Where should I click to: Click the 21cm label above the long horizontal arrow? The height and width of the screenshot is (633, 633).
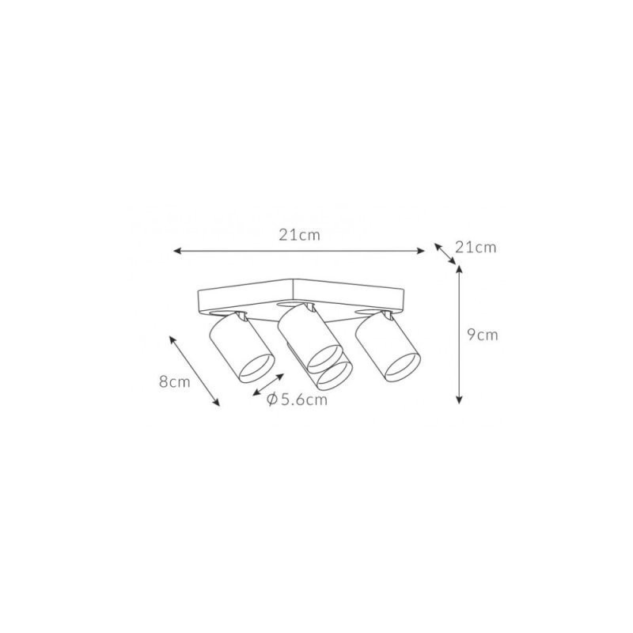tap(299, 235)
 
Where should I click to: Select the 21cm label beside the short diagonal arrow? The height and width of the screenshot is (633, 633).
tap(476, 247)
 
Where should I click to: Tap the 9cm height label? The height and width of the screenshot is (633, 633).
tap(483, 335)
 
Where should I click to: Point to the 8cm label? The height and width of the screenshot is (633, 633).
tap(174, 381)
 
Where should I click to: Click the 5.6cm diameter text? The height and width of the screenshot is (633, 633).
tap(304, 400)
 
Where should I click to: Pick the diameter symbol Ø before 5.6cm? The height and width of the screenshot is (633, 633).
tap(272, 400)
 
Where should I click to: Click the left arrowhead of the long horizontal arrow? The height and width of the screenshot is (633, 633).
tap(177, 251)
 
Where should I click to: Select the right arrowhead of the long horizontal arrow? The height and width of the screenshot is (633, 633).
tap(420, 251)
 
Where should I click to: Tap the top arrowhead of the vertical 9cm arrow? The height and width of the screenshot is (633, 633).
tap(459, 271)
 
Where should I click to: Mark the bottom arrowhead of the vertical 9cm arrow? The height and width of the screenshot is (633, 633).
tap(459, 400)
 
